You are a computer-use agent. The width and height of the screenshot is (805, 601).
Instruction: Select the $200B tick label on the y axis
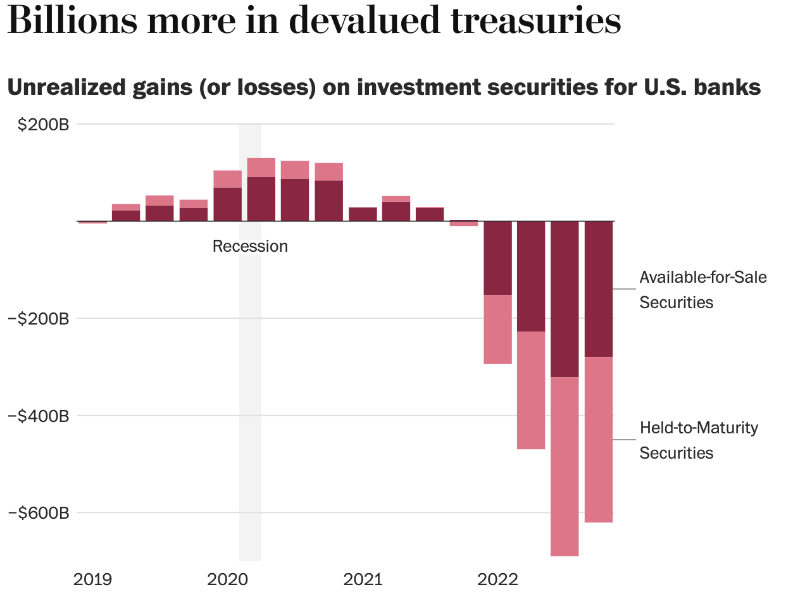43,125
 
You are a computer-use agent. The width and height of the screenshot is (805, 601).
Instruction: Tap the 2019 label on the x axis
94,579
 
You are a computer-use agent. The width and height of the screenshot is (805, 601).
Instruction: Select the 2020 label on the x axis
227,579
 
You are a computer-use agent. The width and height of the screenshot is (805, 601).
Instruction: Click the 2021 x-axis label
362,579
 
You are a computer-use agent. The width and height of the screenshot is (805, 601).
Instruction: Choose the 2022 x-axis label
497,579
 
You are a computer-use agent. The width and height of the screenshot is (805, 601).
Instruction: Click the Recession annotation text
250,246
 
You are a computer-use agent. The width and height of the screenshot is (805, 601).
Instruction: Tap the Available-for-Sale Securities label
702,290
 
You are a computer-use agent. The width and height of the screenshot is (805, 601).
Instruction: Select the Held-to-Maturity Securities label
698,440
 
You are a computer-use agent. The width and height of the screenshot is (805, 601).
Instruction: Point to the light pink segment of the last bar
598,440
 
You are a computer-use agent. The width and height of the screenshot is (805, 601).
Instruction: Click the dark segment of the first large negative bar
497,258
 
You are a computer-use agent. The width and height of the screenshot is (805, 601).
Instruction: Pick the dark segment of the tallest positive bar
261,199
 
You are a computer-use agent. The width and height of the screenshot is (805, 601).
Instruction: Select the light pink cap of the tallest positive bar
261,168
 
